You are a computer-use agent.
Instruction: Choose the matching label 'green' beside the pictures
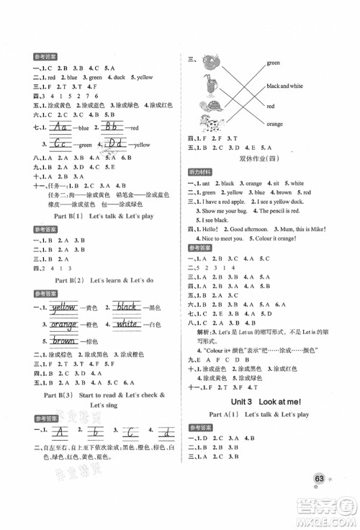[272, 63]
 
